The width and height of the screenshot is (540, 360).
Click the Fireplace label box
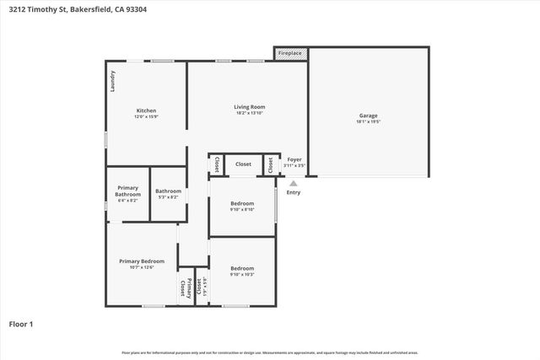tap(290, 54)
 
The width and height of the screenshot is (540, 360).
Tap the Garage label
tap(368, 116)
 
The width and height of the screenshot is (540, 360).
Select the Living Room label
tap(250, 106)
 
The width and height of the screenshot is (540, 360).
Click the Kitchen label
tap(147, 110)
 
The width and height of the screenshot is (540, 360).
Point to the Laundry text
tap(112, 81)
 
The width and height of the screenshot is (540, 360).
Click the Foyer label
tap(294, 159)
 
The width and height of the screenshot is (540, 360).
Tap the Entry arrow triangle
tap(294, 183)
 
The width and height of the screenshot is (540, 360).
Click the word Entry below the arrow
tap(294, 192)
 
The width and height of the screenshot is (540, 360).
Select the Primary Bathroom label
tap(128, 191)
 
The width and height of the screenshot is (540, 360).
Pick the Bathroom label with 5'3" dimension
tap(168, 191)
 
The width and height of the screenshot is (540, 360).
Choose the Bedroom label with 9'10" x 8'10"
tap(242, 204)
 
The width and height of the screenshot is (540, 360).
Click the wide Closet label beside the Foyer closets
tap(243, 164)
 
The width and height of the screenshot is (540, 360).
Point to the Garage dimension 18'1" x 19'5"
tap(368, 122)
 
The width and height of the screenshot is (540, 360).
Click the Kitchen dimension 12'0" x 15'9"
tap(147, 117)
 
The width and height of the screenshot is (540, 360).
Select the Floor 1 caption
tap(20, 324)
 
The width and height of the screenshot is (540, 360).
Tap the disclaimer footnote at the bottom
tap(269, 352)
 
